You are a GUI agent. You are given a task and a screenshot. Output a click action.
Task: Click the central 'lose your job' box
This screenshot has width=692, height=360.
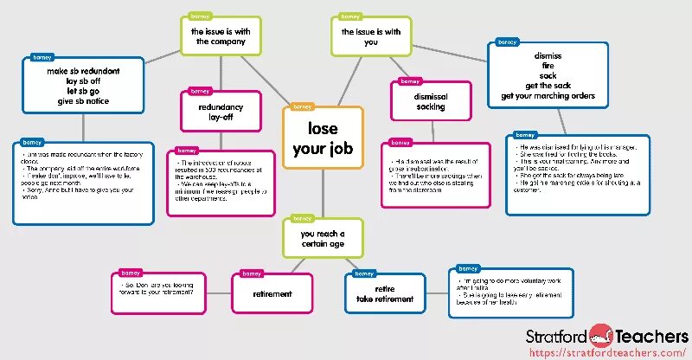(x=324, y=138)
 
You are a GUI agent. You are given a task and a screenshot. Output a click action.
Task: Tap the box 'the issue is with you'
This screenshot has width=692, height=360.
(x=371, y=36)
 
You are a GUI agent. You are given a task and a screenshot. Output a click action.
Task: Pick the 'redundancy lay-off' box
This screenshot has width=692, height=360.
(x=221, y=112)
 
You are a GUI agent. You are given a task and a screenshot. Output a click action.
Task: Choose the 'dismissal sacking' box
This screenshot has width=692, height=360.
(x=430, y=101)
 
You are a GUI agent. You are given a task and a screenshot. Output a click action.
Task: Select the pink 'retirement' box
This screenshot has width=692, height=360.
(x=272, y=293)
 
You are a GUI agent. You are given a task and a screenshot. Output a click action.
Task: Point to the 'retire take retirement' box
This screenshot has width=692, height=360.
(x=385, y=293)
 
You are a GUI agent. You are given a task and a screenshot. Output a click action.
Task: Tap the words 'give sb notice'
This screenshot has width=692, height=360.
(x=83, y=101)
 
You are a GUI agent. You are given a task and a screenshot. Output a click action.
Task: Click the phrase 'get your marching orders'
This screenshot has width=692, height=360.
(x=548, y=95)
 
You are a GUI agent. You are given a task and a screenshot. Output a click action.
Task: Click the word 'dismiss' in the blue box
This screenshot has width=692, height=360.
(x=548, y=55)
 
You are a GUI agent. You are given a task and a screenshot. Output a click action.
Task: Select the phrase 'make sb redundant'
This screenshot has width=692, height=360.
(x=83, y=70)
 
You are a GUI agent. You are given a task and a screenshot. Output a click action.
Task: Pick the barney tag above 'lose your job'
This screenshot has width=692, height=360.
(x=303, y=106)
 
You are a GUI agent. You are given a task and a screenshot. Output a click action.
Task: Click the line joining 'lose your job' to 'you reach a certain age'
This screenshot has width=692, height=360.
(x=323, y=194)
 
